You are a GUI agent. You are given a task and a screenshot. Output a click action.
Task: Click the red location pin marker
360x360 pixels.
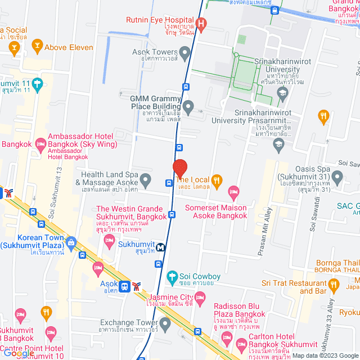click(x=179, y=168)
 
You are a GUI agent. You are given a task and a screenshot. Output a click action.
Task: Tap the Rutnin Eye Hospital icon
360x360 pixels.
click(x=202, y=24)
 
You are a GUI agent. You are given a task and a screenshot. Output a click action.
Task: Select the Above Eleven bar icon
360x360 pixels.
click(x=37, y=45)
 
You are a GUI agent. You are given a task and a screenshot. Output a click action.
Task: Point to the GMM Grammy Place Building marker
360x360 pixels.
click(x=189, y=106)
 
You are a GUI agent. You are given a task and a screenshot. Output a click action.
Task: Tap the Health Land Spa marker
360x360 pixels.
click(x=146, y=181)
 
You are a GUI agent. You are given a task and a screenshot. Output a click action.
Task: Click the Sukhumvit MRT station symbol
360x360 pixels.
click(x=161, y=247)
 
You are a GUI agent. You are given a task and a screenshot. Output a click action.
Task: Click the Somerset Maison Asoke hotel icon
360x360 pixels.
click(x=233, y=193)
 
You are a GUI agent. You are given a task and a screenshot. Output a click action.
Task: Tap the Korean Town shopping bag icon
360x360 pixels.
click(x=70, y=243)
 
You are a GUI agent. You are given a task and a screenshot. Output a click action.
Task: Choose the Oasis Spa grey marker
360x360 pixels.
click(x=337, y=179)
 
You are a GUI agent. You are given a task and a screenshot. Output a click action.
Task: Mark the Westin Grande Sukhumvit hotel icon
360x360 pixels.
click(x=110, y=241)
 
